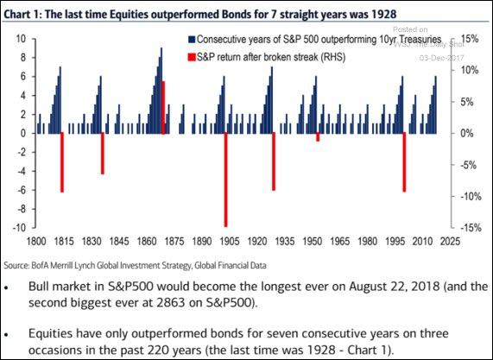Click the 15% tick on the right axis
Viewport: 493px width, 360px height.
click(x=470, y=39)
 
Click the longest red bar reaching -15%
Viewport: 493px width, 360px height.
click(x=225, y=180)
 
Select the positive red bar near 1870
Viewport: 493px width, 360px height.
click(x=163, y=107)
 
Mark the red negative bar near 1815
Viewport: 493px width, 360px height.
click(x=61, y=162)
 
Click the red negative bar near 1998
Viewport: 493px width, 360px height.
click(x=404, y=162)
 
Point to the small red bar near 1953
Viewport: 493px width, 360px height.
click(x=318, y=137)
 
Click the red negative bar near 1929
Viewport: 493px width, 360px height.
click(x=274, y=161)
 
